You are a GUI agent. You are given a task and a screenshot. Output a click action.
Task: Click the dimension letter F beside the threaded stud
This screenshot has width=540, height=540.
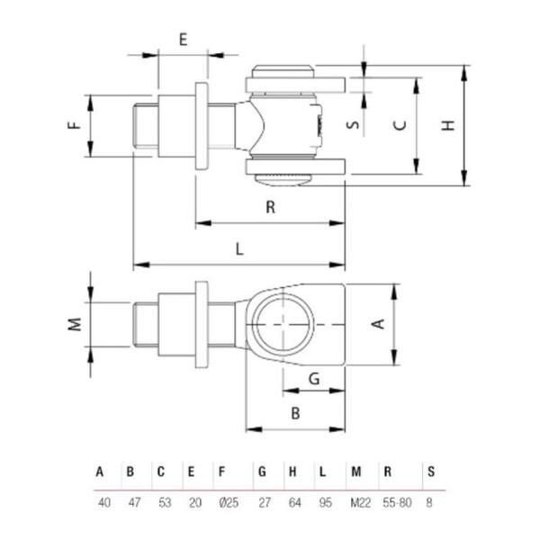pyautogui.click(x=76, y=126)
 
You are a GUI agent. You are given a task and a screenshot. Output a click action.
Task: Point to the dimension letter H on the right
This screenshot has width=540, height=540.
pyautogui.click(x=447, y=126)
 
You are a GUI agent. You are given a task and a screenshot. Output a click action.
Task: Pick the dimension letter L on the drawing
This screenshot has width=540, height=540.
pyautogui.click(x=239, y=250)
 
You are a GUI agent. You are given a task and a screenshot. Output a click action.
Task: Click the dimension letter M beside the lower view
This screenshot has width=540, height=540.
pyautogui.click(x=76, y=323)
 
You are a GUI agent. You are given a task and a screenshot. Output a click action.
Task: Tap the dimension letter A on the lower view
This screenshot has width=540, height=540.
pyautogui.click(x=379, y=323)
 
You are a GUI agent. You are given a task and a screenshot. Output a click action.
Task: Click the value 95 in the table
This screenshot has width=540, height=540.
pyautogui.click(x=326, y=501)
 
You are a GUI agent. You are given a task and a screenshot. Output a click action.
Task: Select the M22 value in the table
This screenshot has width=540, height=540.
pyautogui.click(x=356, y=501)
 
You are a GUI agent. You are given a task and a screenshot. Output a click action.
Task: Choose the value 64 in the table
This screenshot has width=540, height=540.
pyautogui.click(x=293, y=501)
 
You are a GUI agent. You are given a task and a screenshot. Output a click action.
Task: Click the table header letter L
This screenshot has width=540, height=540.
pyautogui.click(x=322, y=472)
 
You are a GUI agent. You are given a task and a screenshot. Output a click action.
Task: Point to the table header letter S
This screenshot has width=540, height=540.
pyautogui.click(x=430, y=472)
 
